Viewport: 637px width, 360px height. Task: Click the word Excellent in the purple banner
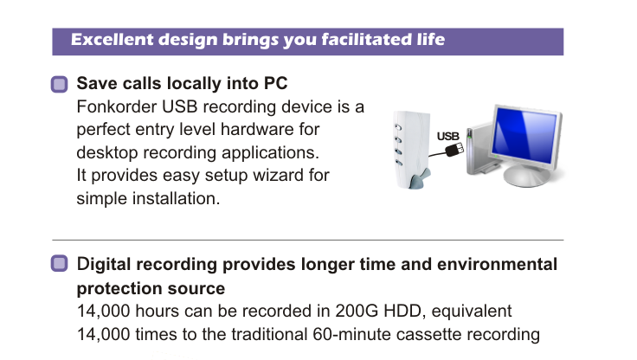[112, 40]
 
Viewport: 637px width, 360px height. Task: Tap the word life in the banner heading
[431, 40]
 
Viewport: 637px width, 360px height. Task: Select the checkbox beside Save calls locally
[60, 84]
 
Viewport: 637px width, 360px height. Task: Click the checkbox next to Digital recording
[60, 263]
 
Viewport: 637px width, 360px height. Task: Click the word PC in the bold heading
[276, 83]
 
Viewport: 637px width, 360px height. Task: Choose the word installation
[176, 198]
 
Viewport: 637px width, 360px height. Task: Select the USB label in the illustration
[447, 136]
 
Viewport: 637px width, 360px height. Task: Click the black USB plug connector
[454, 150]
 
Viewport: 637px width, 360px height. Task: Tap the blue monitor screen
[525, 135]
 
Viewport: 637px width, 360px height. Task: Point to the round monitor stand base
[526, 177]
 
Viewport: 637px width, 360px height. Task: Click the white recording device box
[411, 149]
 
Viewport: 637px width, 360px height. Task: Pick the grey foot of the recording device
[420, 179]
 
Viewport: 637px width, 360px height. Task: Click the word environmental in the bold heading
[497, 264]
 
